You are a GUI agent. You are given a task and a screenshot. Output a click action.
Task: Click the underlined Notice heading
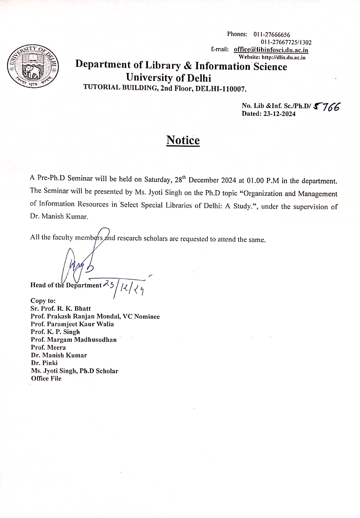pos(183,140)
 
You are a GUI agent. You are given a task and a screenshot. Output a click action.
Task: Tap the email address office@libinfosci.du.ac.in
pos(271,50)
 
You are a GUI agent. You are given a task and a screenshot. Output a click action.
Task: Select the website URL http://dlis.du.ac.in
pos(283,57)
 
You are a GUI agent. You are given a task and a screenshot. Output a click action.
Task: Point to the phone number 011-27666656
pos(272,35)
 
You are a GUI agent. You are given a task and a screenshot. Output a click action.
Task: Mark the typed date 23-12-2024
pos(279,114)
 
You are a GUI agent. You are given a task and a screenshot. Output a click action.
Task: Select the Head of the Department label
pos(66,285)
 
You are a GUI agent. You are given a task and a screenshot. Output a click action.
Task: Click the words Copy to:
pos(43,301)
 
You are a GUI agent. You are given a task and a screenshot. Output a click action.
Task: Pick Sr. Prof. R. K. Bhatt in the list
pos(61,308)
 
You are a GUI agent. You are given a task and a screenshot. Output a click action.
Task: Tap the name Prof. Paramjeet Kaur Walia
pos(72,324)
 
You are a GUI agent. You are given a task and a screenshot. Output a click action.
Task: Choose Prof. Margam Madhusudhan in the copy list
pos(73,339)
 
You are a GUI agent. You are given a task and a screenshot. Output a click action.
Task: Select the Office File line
pos(46,378)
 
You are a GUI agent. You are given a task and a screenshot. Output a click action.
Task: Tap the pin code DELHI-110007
pos(221,89)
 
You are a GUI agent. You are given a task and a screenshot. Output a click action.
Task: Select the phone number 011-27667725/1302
pos(286,42)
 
